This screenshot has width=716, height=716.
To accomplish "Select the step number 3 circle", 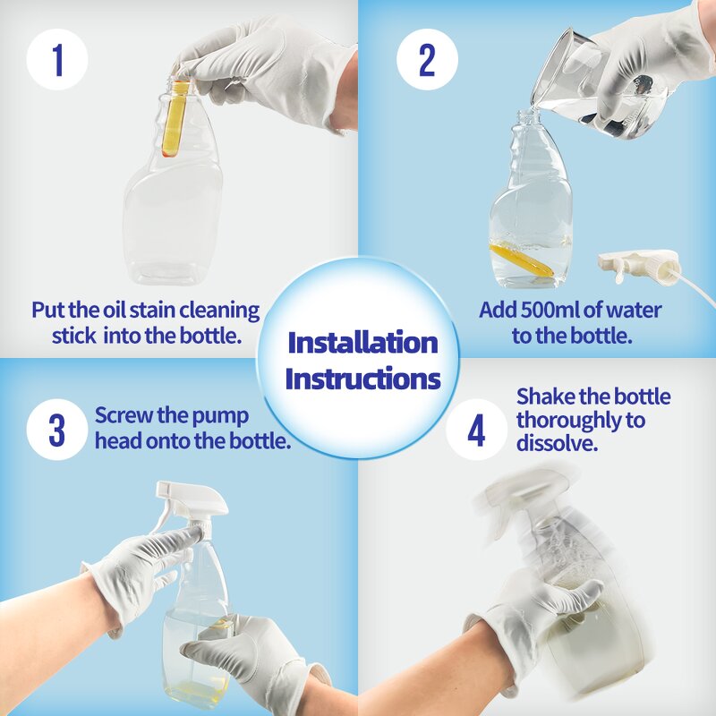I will [x=57, y=430].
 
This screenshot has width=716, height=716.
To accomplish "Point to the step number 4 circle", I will [x=476, y=430].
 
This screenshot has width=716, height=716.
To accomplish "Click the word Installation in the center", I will [x=362, y=343].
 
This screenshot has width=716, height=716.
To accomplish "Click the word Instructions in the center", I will [x=362, y=379].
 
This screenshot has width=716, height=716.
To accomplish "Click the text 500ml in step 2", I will [x=557, y=311].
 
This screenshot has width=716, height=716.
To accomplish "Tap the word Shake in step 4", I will [x=547, y=396].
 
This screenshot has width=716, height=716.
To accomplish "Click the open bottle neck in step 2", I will [x=525, y=121].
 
